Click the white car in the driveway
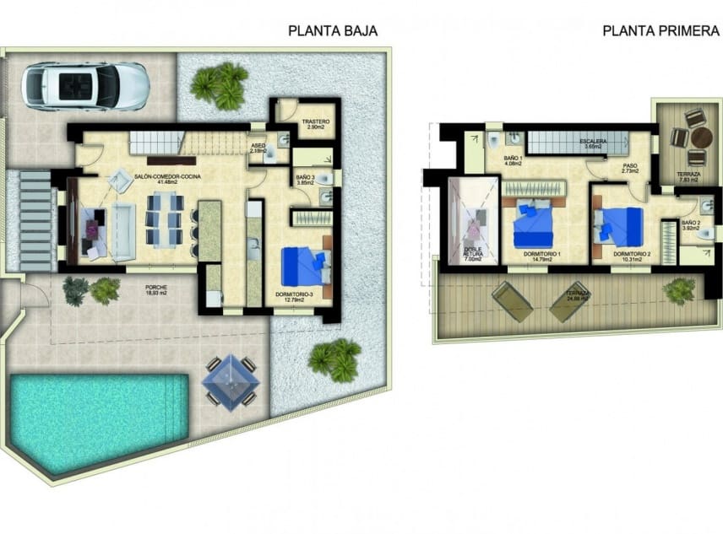(x=85, y=86)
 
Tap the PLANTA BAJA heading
(x=333, y=31)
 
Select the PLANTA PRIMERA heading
(x=660, y=31)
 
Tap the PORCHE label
(x=155, y=289)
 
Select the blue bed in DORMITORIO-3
(x=302, y=264)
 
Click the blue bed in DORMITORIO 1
(x=532, y=226)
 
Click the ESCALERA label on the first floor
(x=593, y=142)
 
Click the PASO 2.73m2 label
(x=629, y=168)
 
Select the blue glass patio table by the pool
(x=230, y=380)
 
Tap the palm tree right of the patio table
(x=336, y=359)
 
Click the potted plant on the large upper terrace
(x=679, y=290)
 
